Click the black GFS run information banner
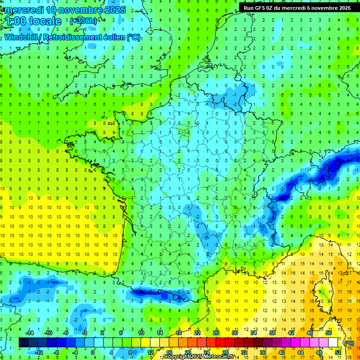[295, 7]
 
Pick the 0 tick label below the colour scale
[93, 352]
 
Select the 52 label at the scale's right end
[338, 352]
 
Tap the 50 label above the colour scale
[329, 332]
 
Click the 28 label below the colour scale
[225, 352]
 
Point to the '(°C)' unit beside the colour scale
[349, 343]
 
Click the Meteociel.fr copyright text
[199, 357]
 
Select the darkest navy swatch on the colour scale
[23, 343]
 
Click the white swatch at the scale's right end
[333, 343]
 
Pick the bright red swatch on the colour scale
[220, 343]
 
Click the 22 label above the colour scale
[197, 332]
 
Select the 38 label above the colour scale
[272, 332]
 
